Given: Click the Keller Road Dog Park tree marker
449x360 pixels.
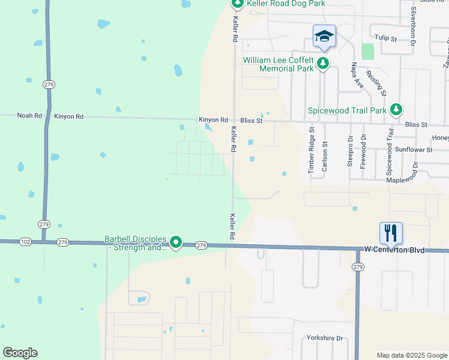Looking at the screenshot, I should point(237,4).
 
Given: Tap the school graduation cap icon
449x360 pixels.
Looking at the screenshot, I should point(324,37).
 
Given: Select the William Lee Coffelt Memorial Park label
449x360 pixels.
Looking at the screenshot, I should point(278,64).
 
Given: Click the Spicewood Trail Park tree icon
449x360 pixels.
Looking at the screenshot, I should point(396,110).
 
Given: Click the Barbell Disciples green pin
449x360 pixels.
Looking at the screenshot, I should point(176,242).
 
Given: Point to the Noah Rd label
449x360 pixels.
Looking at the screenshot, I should point(29,116).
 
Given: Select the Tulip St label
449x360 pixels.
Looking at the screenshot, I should point(386,38).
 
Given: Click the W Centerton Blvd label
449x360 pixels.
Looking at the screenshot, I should point(394,249).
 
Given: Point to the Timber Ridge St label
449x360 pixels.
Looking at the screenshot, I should point(311,151).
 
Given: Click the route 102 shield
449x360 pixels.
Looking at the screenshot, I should point(25,242).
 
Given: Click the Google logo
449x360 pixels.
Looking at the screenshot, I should point(20,353).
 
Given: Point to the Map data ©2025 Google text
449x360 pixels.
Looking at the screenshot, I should point(411,355).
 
